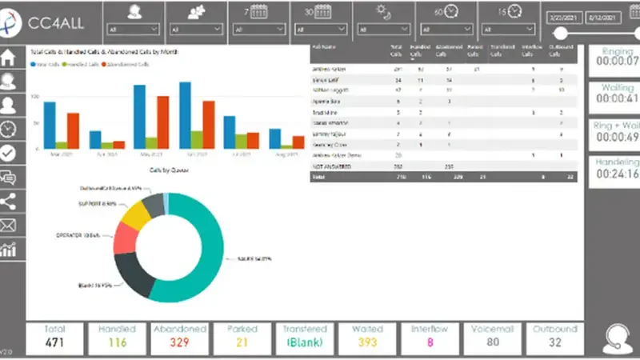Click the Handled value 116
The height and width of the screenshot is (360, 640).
point(118,343)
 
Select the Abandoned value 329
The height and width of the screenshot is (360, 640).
point(179,343)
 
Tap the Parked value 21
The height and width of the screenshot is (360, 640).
point(242,343)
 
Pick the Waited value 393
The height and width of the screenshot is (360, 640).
point(367,343)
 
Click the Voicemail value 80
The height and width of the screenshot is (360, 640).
point(491,343)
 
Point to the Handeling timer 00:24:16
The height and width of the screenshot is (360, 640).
point(617,174)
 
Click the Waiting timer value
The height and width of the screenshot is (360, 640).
point(617,98)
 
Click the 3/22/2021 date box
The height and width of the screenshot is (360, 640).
point(564,15)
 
